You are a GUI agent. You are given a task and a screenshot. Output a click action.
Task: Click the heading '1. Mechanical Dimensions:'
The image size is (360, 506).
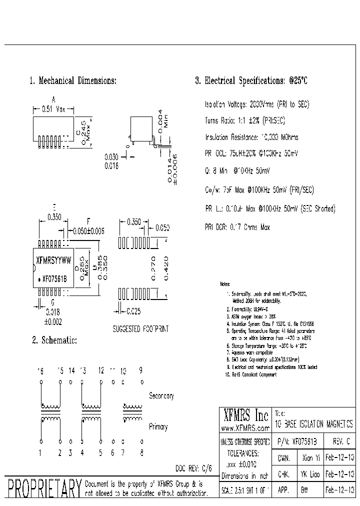(73, 80)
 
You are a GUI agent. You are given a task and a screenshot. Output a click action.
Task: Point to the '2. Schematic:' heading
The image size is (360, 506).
(54, 340)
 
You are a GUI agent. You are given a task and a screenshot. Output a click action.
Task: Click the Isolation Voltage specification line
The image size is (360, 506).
(257, 105)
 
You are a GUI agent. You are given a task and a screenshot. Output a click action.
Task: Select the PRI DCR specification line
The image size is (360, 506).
(237, 227)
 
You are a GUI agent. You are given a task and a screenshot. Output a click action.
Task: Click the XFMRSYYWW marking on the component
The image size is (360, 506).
(54, 260)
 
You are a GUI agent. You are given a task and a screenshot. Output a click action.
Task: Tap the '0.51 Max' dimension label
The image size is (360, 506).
(53, 108)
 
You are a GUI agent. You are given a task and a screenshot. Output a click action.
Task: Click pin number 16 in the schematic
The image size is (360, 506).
(40, 370)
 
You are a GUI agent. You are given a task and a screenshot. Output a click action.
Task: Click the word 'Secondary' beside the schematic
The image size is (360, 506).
(161, 396)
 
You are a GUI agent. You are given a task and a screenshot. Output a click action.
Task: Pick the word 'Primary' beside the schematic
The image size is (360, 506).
(158, 427)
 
